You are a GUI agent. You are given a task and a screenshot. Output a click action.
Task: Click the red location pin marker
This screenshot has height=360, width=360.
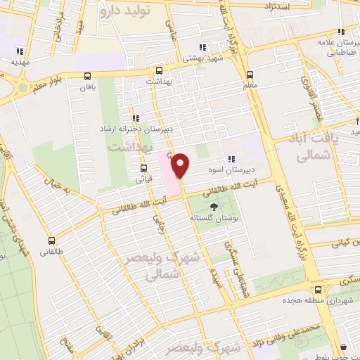click(x=181, y=166)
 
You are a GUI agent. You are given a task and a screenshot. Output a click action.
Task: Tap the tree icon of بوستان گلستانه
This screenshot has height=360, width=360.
click(x=214, y=207)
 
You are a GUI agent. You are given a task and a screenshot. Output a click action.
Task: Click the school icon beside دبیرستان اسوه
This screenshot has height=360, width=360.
click(x=229, y=159)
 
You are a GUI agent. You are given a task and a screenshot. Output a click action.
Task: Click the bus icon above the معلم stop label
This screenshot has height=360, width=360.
click(x=250, y=75)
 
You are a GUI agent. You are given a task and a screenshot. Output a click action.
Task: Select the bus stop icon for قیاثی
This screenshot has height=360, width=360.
click(x=143, y=168)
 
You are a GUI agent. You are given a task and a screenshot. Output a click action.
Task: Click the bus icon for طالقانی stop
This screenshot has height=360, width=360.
click(x=52, y=240)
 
